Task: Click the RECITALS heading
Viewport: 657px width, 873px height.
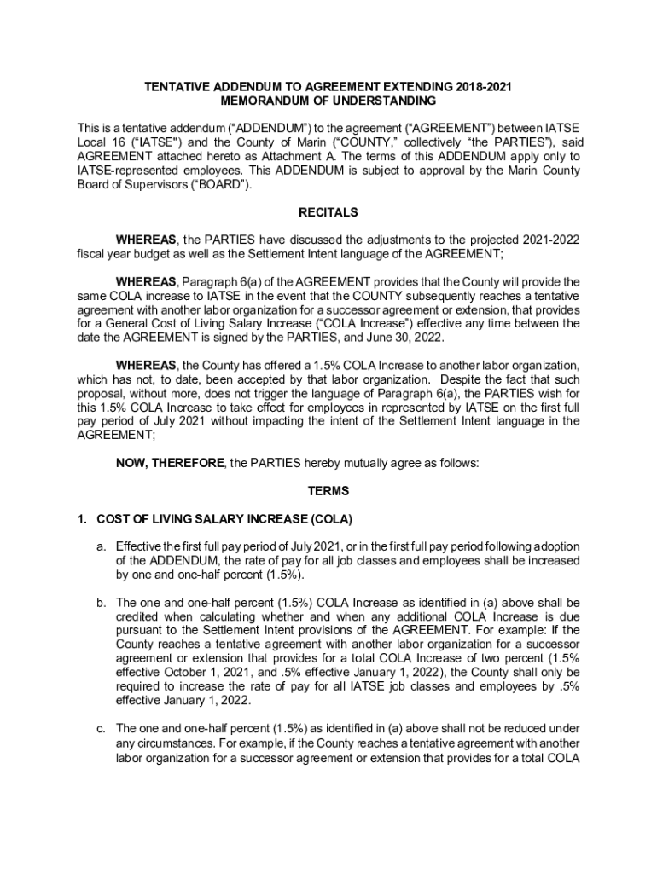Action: coord(328,212)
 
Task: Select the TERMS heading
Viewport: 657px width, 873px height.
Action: coord(328,492)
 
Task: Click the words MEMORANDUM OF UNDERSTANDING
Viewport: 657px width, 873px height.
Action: coord(328,101)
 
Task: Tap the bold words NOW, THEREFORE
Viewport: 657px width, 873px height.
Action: coord(169,463)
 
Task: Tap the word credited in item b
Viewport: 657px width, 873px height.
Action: coord(139,616)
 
